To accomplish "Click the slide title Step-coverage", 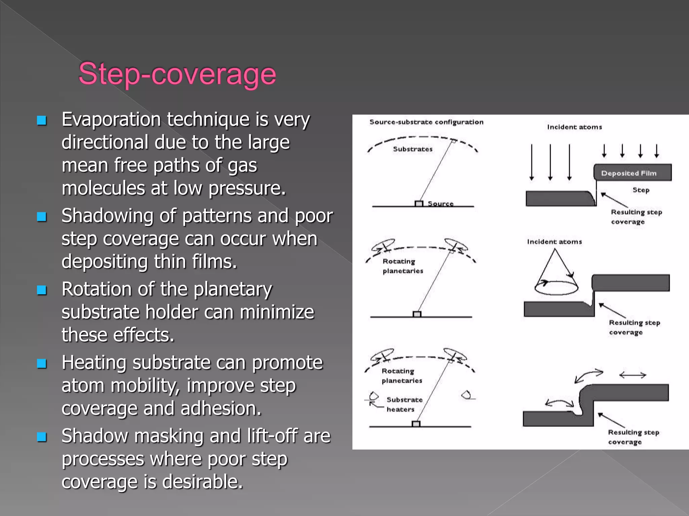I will click(x=177, y=74).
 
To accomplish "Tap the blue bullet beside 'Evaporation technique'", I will click(x=42, y=120).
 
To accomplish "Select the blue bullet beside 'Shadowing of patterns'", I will click(x=42, y=217).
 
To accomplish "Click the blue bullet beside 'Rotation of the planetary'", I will click(x=42, y=290).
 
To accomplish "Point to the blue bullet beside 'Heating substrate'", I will click(x=42, y=363).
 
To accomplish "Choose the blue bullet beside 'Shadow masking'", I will click(x=42, y=437).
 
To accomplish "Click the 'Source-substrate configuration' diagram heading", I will click(x=426, y=122).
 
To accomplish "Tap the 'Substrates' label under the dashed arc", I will click(x=413, y=149).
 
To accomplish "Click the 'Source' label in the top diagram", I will click(x=440, y=204).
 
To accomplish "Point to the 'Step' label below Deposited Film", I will click(x=641, y=190).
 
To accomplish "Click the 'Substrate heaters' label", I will click(x=404, y=404).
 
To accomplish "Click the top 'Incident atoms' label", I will click(x=574, y=127).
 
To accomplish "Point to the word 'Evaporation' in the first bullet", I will click(x=111, y=120).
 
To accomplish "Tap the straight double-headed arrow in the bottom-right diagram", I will click(x=632, y=375).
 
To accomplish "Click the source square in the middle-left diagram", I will click(x=417, y=314).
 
